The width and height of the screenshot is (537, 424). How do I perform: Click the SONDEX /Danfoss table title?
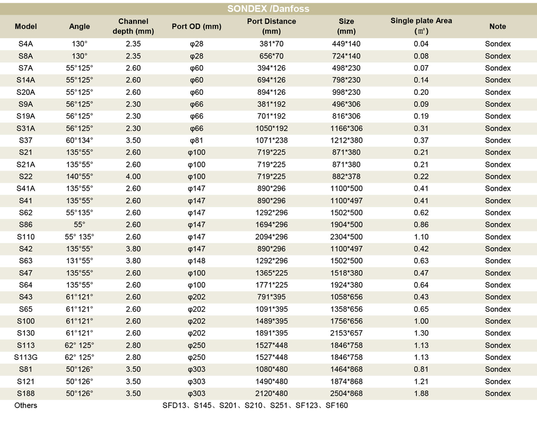click(268, 8)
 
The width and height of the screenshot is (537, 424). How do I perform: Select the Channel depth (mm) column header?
click(133, 26)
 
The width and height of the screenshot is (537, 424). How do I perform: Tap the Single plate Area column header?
click(421, 25)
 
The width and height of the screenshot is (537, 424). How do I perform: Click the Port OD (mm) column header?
click(196, 26)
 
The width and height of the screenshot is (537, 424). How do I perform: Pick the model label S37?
click(25, 140)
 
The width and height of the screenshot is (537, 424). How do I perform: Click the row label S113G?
click(25, 357)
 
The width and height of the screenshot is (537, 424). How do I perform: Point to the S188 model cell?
click(25, 394)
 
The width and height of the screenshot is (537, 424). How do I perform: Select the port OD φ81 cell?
click(196, 140)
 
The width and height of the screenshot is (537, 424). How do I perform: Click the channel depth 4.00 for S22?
click(133, 176)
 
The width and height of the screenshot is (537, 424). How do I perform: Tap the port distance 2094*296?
click(272, 236)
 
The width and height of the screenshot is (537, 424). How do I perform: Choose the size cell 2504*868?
click(347, 394)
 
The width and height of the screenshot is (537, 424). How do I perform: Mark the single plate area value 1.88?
click(421, 394)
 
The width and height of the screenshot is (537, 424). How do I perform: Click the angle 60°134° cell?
click(80, 140)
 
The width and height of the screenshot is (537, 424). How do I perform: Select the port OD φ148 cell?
click(196, 261)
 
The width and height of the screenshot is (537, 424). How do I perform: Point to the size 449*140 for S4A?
click(347, 44)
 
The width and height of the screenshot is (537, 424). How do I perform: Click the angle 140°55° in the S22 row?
click(80, 176)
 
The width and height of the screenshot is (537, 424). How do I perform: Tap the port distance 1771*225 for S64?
click(272, 285)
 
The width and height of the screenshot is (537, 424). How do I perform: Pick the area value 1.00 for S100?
click(421, 321)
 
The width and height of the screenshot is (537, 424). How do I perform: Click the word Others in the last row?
click(25, 405)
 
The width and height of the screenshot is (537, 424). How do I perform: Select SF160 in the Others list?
click(336, 405)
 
